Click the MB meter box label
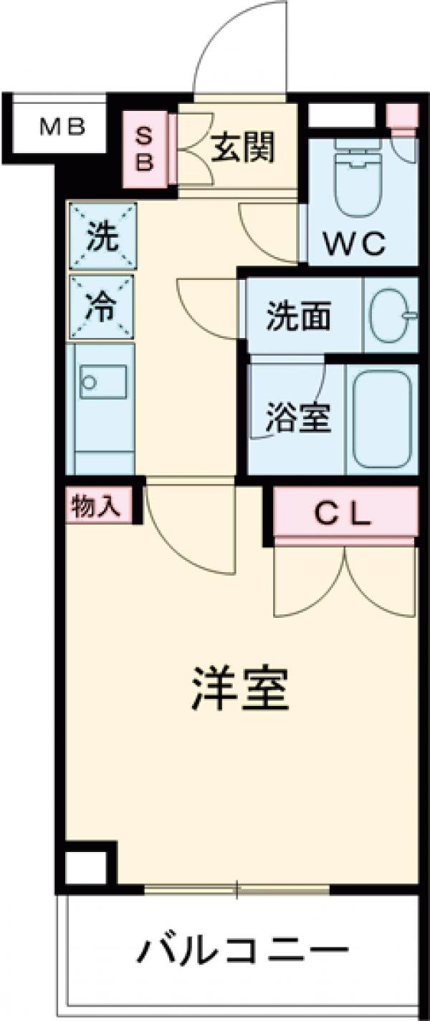coord(62,128)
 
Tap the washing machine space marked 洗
coord(102,237)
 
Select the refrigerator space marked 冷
coord(102,306)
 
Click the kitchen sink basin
coord(103,382)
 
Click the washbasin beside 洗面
coord(391,314)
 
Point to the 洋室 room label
coord(239,688)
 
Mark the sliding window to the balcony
coord(237,890)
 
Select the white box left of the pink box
coord(341,115)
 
